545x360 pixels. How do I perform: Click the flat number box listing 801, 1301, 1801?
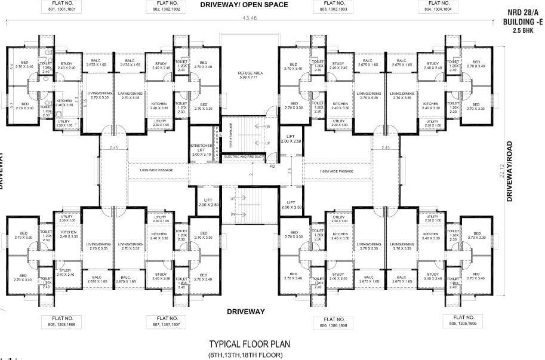64,7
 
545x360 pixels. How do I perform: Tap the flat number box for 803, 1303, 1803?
334,7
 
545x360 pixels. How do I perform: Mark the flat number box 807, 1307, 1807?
168,322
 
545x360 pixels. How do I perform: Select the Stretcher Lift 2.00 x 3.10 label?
201,150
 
